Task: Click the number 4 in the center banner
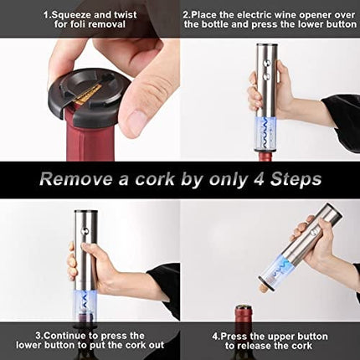pyautogui.click(x=260, y=178)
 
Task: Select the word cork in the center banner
pyautogui.click(x=155, y=178)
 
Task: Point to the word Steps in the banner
pyautogui.click(x=296, y=179)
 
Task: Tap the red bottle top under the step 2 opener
pyautogui.click(x=265, y=157)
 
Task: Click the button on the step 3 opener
pyautogui.click(x=85, y=231)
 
